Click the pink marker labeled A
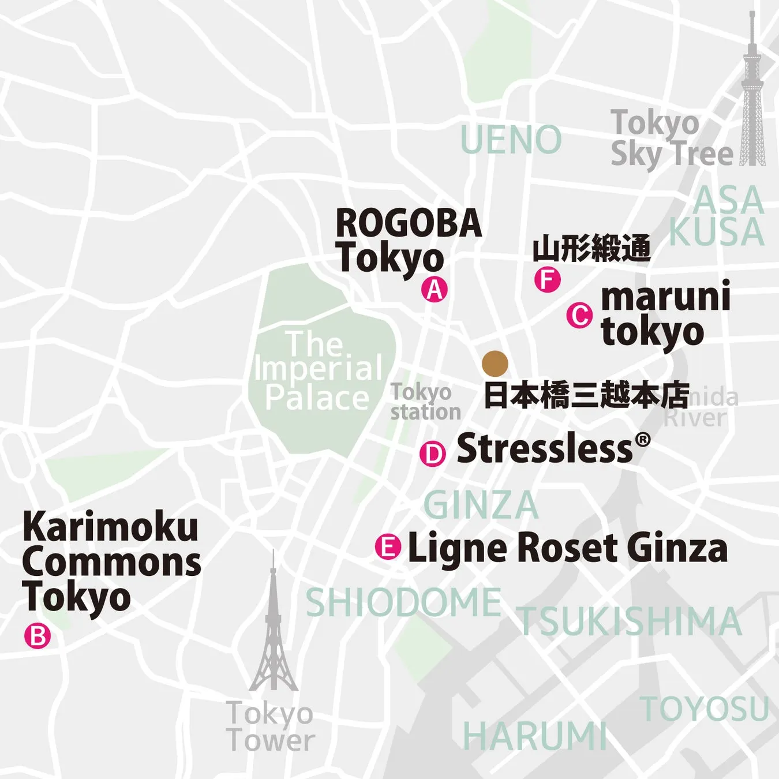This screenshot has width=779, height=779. pyautogui.click(x=435, y=289)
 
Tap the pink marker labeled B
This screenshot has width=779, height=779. pyautogui.click(x=38, y=636)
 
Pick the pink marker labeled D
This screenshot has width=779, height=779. pyautogui.click(x=433, y=454)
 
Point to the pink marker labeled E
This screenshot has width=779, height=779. pyautogui.click(x=388, y=546)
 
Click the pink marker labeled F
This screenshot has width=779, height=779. pyautogui.click(x=547, y=280)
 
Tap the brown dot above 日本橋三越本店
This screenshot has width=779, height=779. pyautogui.click(x=495, y=364)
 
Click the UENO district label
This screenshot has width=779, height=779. pyautogui.click(x=511, y=140)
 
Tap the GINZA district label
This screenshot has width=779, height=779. pyautogui.click(x=481, y=505)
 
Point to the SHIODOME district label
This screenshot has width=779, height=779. pyautogui.click(x=403, y=602)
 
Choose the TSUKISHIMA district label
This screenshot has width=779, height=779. pyautogui.click(x=629, y=621)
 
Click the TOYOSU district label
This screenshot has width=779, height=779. pyautogui.click(x=705, y=709)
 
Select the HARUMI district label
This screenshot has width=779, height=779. pyautogui.click(x=534, y=736)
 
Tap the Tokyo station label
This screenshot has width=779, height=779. pyautogui.click(x=425, y=402)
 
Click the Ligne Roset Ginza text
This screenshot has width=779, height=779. pyautogui.click(x=567, y=548)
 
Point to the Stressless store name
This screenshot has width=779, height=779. pyautogui.click(x=545, y=448)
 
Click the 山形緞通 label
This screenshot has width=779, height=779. pyautogui.click(x=591, y=249)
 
